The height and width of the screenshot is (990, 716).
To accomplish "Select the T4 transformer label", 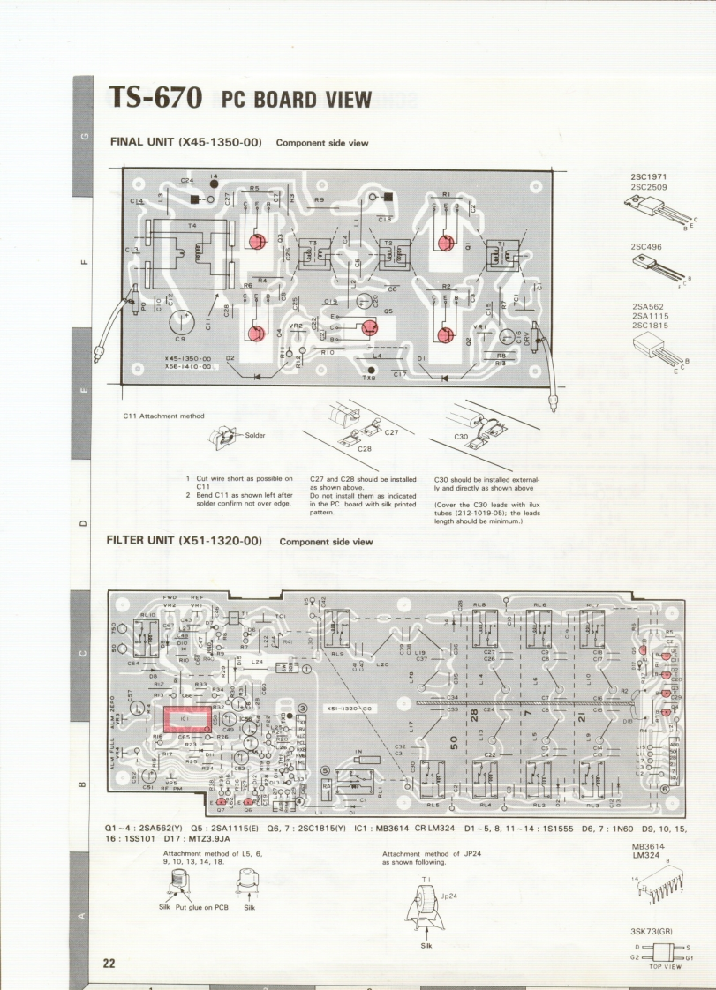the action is click(192, 226).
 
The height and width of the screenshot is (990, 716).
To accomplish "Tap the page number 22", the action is click(109, 963).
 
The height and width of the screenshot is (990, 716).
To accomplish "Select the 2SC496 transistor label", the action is click(647, 247).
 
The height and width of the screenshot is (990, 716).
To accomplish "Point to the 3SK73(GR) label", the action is click(651, 931).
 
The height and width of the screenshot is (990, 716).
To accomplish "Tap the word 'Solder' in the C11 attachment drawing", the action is click(255, 435).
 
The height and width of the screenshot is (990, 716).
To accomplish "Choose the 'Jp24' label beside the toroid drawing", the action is click(450, 896).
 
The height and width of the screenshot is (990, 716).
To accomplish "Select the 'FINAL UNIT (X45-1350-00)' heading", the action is click(185, 141).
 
